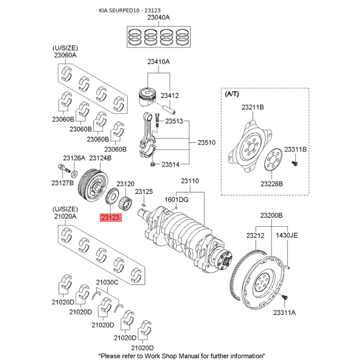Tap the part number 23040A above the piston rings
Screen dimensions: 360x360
tap(159, 18)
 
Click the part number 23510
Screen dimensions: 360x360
tap(207, 143)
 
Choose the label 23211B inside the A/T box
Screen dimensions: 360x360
tap(252, 107)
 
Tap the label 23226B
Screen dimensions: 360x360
tap(271, 184)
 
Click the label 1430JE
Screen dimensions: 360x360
tap(287, 235)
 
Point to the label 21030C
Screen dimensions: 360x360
tap(107, 282)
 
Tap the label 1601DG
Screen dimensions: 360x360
tap(176, 199)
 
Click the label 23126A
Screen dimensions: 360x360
tap(74, 158)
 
